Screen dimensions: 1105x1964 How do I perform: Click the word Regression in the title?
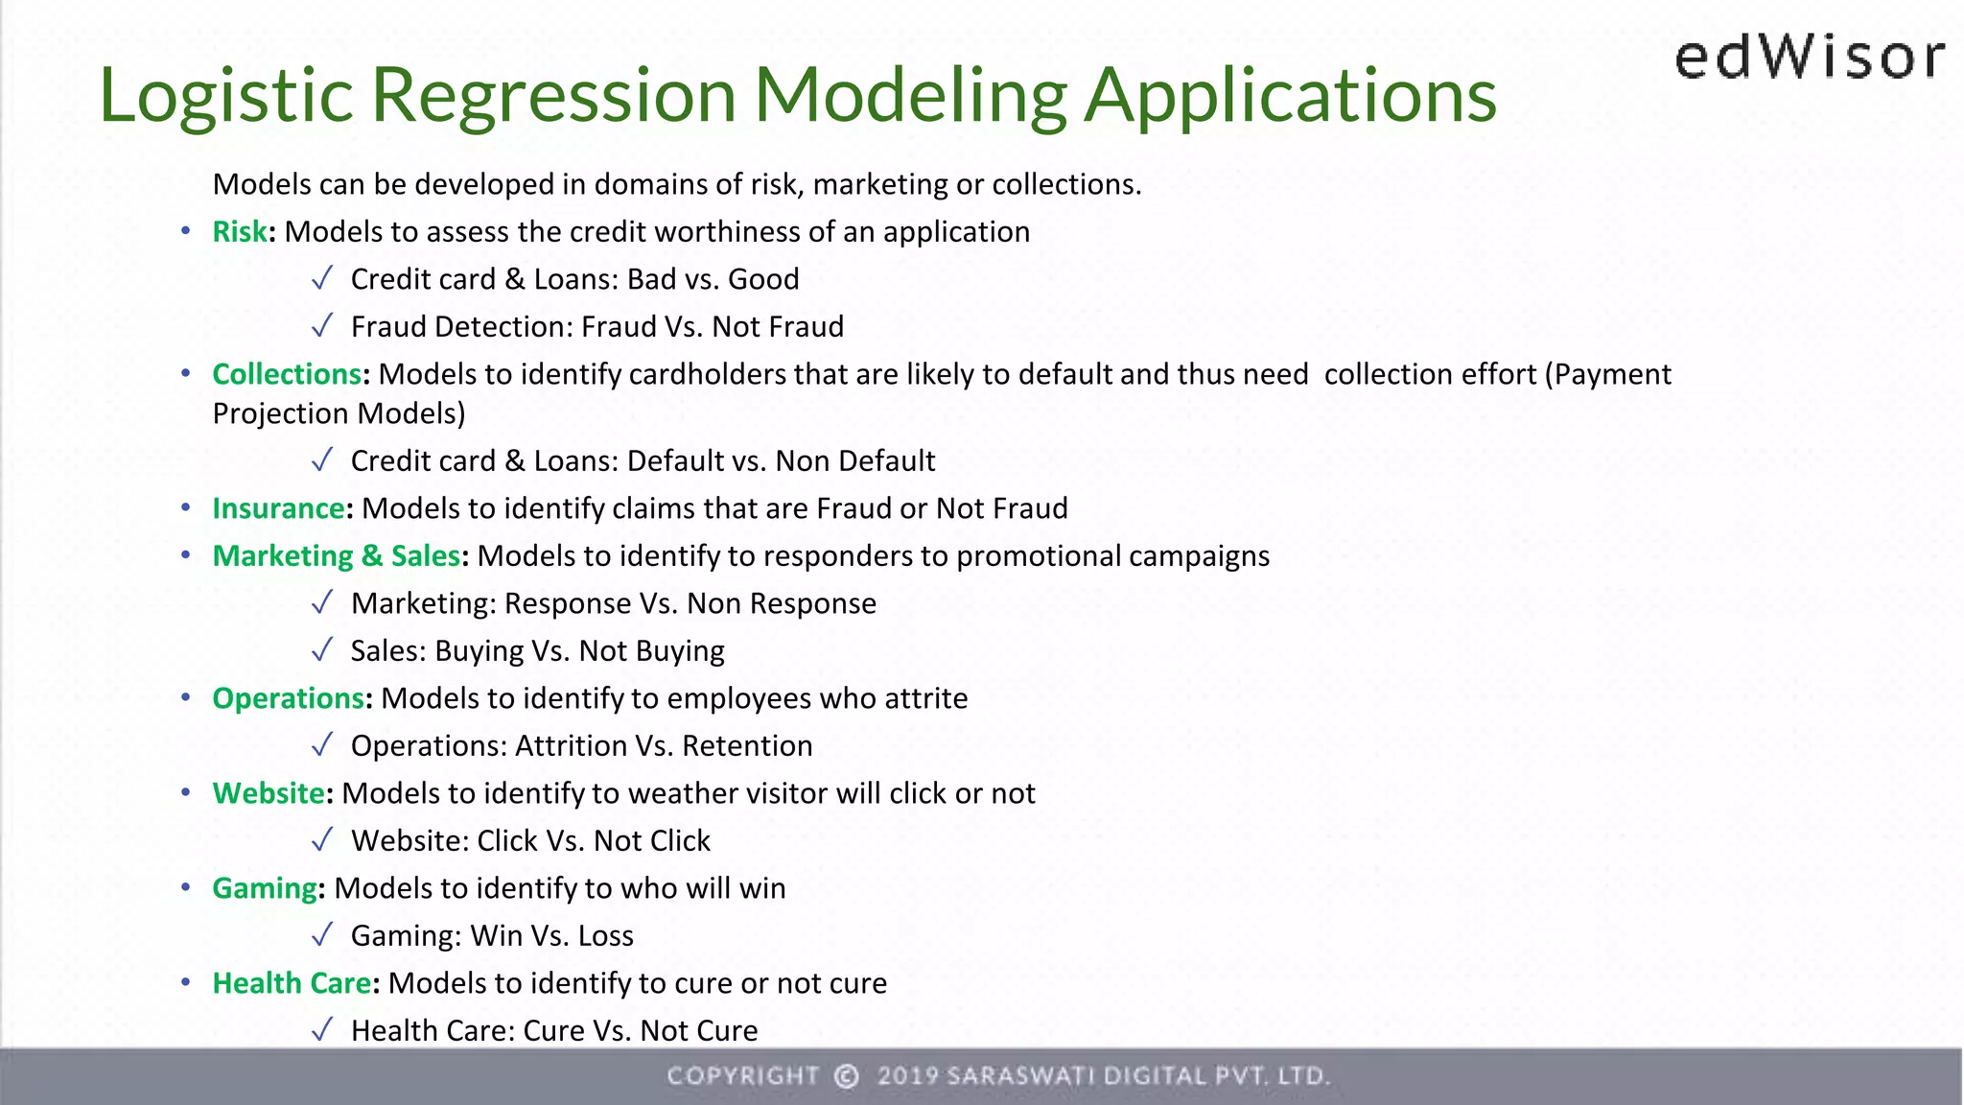tap(553, 95)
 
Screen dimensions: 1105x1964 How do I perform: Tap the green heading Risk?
tap(240, 232)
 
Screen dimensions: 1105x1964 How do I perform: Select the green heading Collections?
tap(287, 374)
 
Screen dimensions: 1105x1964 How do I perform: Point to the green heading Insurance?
tap(278, 508)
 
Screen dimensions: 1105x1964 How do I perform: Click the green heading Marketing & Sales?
tap(337, 556)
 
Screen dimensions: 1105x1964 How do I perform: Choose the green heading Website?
tap(269, 793)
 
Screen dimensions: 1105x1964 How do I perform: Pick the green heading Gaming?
tap(265, 888)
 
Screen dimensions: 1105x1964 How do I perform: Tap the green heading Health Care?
tap(292, 983)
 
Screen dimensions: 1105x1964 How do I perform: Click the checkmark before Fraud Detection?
tap(322, 326)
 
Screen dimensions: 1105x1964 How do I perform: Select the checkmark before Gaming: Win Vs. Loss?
tap(322, 934)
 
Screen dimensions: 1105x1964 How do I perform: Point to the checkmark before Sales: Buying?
tap(322, 650)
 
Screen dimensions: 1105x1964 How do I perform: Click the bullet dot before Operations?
tap(186, 698)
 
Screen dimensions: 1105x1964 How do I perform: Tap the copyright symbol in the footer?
tap(846, 1076)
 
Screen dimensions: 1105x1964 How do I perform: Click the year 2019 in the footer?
tap(906, 1076)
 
